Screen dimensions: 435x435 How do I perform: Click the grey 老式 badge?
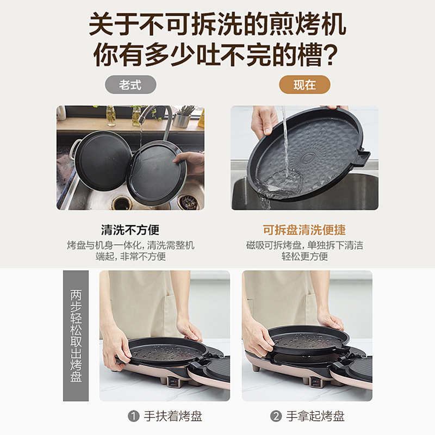point(130,85)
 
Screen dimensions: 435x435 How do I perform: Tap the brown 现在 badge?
point(304,85)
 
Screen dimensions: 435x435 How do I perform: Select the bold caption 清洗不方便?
point(130,229)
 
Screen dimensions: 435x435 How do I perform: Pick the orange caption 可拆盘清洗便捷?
point(304,229)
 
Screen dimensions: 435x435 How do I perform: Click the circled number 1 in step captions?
point(133,416)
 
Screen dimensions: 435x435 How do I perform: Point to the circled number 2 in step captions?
point(276,416)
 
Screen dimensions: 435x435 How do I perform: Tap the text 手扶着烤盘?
point(173,416)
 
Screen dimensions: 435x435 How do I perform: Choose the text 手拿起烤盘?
point(315,416)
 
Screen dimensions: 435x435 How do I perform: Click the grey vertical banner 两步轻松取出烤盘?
point(76,335)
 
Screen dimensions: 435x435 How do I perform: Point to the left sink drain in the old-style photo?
point(121,202)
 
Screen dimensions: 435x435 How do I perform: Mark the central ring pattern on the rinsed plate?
point(308,158)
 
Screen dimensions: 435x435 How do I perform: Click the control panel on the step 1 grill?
point(173,383)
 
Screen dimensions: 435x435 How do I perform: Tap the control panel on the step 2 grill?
point(316,383)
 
